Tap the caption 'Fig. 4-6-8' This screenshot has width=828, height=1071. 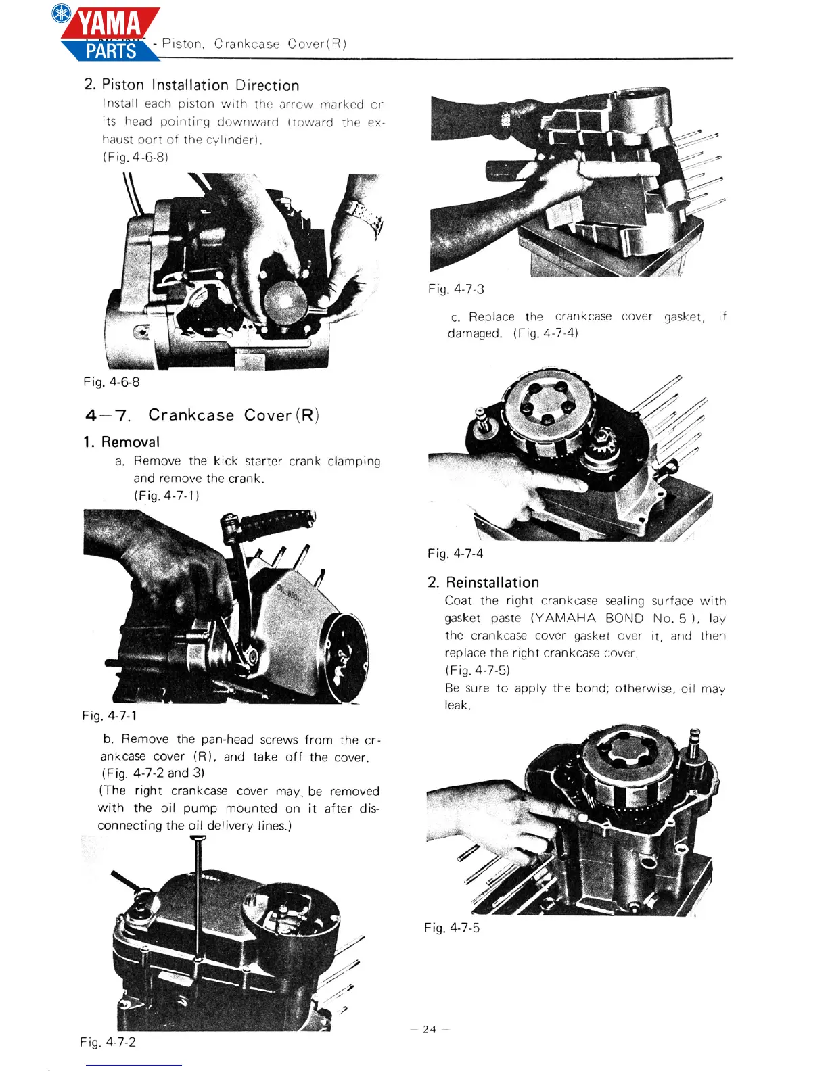112,382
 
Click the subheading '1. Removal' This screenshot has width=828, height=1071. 122,442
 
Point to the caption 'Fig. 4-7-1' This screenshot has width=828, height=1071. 110,715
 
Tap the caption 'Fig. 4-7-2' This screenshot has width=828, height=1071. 108,1042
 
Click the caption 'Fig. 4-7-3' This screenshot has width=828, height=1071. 456,289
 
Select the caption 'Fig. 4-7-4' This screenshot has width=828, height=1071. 455,554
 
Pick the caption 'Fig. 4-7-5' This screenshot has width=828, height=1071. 452,928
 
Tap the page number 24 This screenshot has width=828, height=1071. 430,1030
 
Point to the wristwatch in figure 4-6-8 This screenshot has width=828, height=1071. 366,216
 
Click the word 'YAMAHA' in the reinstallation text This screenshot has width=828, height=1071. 563,618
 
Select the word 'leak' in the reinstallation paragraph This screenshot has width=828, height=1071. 457,705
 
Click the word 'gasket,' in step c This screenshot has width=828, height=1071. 684,317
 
